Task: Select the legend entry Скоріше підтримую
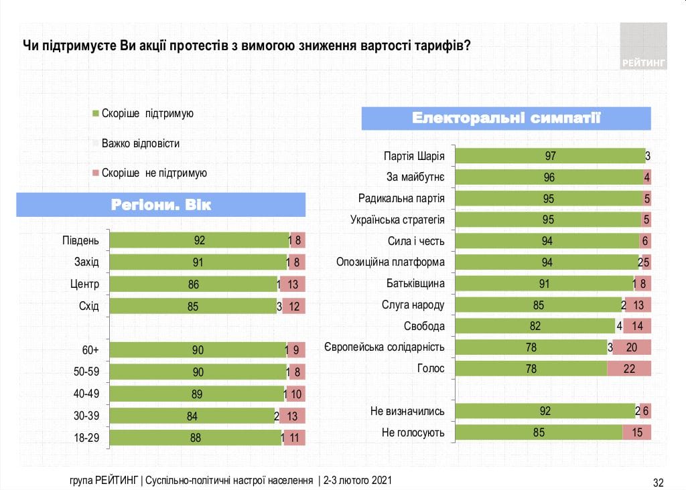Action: point(147,114)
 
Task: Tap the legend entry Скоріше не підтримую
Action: point(154,173)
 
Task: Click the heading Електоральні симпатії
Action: point(506,118)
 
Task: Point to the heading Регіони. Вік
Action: point(161,204)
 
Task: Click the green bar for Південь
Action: point(198,240)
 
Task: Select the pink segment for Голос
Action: point(629,369)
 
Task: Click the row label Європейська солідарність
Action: point(385,347)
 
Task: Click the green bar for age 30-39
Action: point(192,416)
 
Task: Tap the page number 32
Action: point(658,482)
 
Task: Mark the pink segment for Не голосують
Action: point(636,432)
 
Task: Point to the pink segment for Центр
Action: point(292,284)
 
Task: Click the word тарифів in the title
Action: point(439,46)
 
